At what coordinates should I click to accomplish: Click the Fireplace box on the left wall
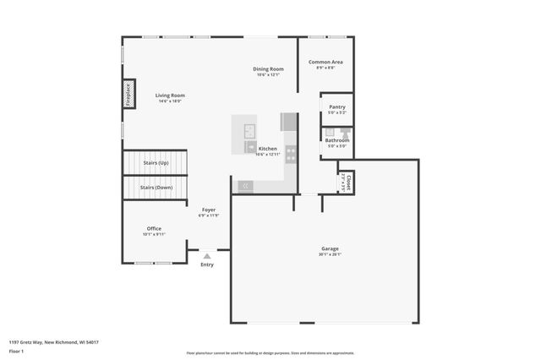pos(129,94)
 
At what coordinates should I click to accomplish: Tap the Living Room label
pos(170,95)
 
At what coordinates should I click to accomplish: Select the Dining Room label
pos(268,68)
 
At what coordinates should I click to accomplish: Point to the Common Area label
pos(325,62)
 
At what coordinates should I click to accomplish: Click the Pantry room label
pos(336,107)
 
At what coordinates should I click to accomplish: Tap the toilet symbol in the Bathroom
pos(345,134)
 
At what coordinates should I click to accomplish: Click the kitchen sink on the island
pos(250,130)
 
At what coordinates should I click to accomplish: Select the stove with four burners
pos(291,154)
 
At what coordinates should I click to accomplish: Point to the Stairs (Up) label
pos(155,162)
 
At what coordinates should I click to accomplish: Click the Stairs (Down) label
pos(156,188)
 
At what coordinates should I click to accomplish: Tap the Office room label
pos(154,228)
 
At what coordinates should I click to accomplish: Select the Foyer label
pos(208,210)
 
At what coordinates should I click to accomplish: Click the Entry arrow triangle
pos(207,255)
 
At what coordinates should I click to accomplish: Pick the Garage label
pos(330,248)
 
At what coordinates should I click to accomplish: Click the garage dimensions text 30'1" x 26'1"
pos(330,254)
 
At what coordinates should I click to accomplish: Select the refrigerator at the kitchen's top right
pos(289,122)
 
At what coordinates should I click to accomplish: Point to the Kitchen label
pos(267,148)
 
